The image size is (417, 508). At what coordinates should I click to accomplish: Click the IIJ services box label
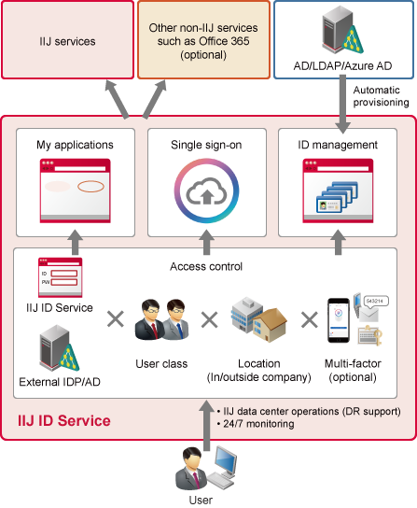pyautogui.click(x=67, y=41)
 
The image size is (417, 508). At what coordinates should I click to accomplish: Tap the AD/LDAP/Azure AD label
pyautogui.click(x=342, y=65)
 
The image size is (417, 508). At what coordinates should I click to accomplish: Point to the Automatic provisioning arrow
pyautogui.click(x=342, y=105)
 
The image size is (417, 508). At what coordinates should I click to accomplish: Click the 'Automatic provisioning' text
pyautogui.click(x=381, y=96)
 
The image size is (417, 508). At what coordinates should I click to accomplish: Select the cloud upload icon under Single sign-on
pyautogui.click(x=206, y=192)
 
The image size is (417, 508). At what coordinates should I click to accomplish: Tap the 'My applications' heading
pyautogui.click(x=75, y=145)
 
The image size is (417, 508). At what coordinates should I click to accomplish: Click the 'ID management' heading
pyautogui.click(x=338, y=145)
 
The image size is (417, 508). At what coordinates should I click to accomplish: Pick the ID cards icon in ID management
pyautogui.click(x=337, y=197)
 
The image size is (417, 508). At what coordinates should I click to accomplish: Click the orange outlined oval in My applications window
pyautogui.click(x=90, y=186)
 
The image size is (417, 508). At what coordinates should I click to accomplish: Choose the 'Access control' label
pyautogui.click(x=206, y=267)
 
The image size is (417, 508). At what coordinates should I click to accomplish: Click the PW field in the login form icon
pyautogui.click(x=64, y=282)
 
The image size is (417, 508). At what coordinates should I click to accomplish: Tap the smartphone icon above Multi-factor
pyautogui.click(x=339, y=320)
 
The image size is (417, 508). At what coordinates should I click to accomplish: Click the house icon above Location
pyautogui.click(x=270, y=325)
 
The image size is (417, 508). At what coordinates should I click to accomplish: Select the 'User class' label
pyautogui.click(x=161, y=364)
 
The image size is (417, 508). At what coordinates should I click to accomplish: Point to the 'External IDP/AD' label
pyautogui.click(x=60, y=382)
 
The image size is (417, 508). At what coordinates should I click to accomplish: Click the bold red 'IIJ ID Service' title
pyautogui.click(x=64, y=420)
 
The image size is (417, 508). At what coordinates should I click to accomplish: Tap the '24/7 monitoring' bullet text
pyautogui.click(x=258, y=424)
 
